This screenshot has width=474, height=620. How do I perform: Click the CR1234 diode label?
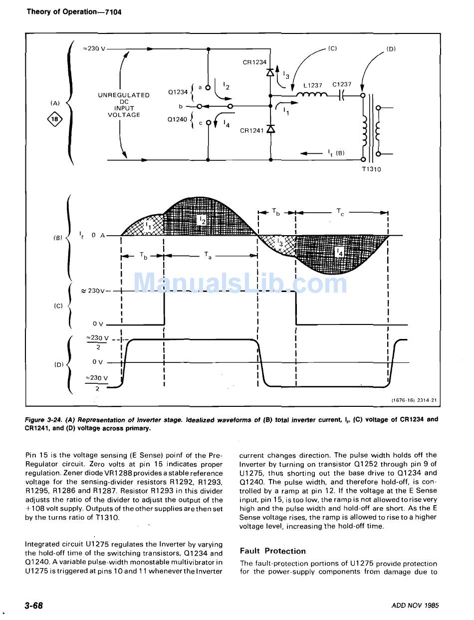point(254,62)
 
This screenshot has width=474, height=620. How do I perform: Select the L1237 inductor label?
point(313,85)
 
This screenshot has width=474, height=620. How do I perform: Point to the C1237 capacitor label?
point(342,84)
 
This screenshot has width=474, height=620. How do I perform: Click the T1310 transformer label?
point(371,169)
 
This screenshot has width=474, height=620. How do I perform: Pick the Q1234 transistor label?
point(178,92)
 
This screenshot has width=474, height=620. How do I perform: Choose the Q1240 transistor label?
point(178,119)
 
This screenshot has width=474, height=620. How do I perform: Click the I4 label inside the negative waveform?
point(341,253)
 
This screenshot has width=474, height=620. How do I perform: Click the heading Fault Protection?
point(272,551)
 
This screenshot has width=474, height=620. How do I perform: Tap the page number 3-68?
point(34,606)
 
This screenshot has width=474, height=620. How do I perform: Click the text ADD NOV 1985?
point(415,606)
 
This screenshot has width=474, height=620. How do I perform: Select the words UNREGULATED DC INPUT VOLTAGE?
point(124,105)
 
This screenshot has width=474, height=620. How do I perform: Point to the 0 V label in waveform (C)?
point(98,324)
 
